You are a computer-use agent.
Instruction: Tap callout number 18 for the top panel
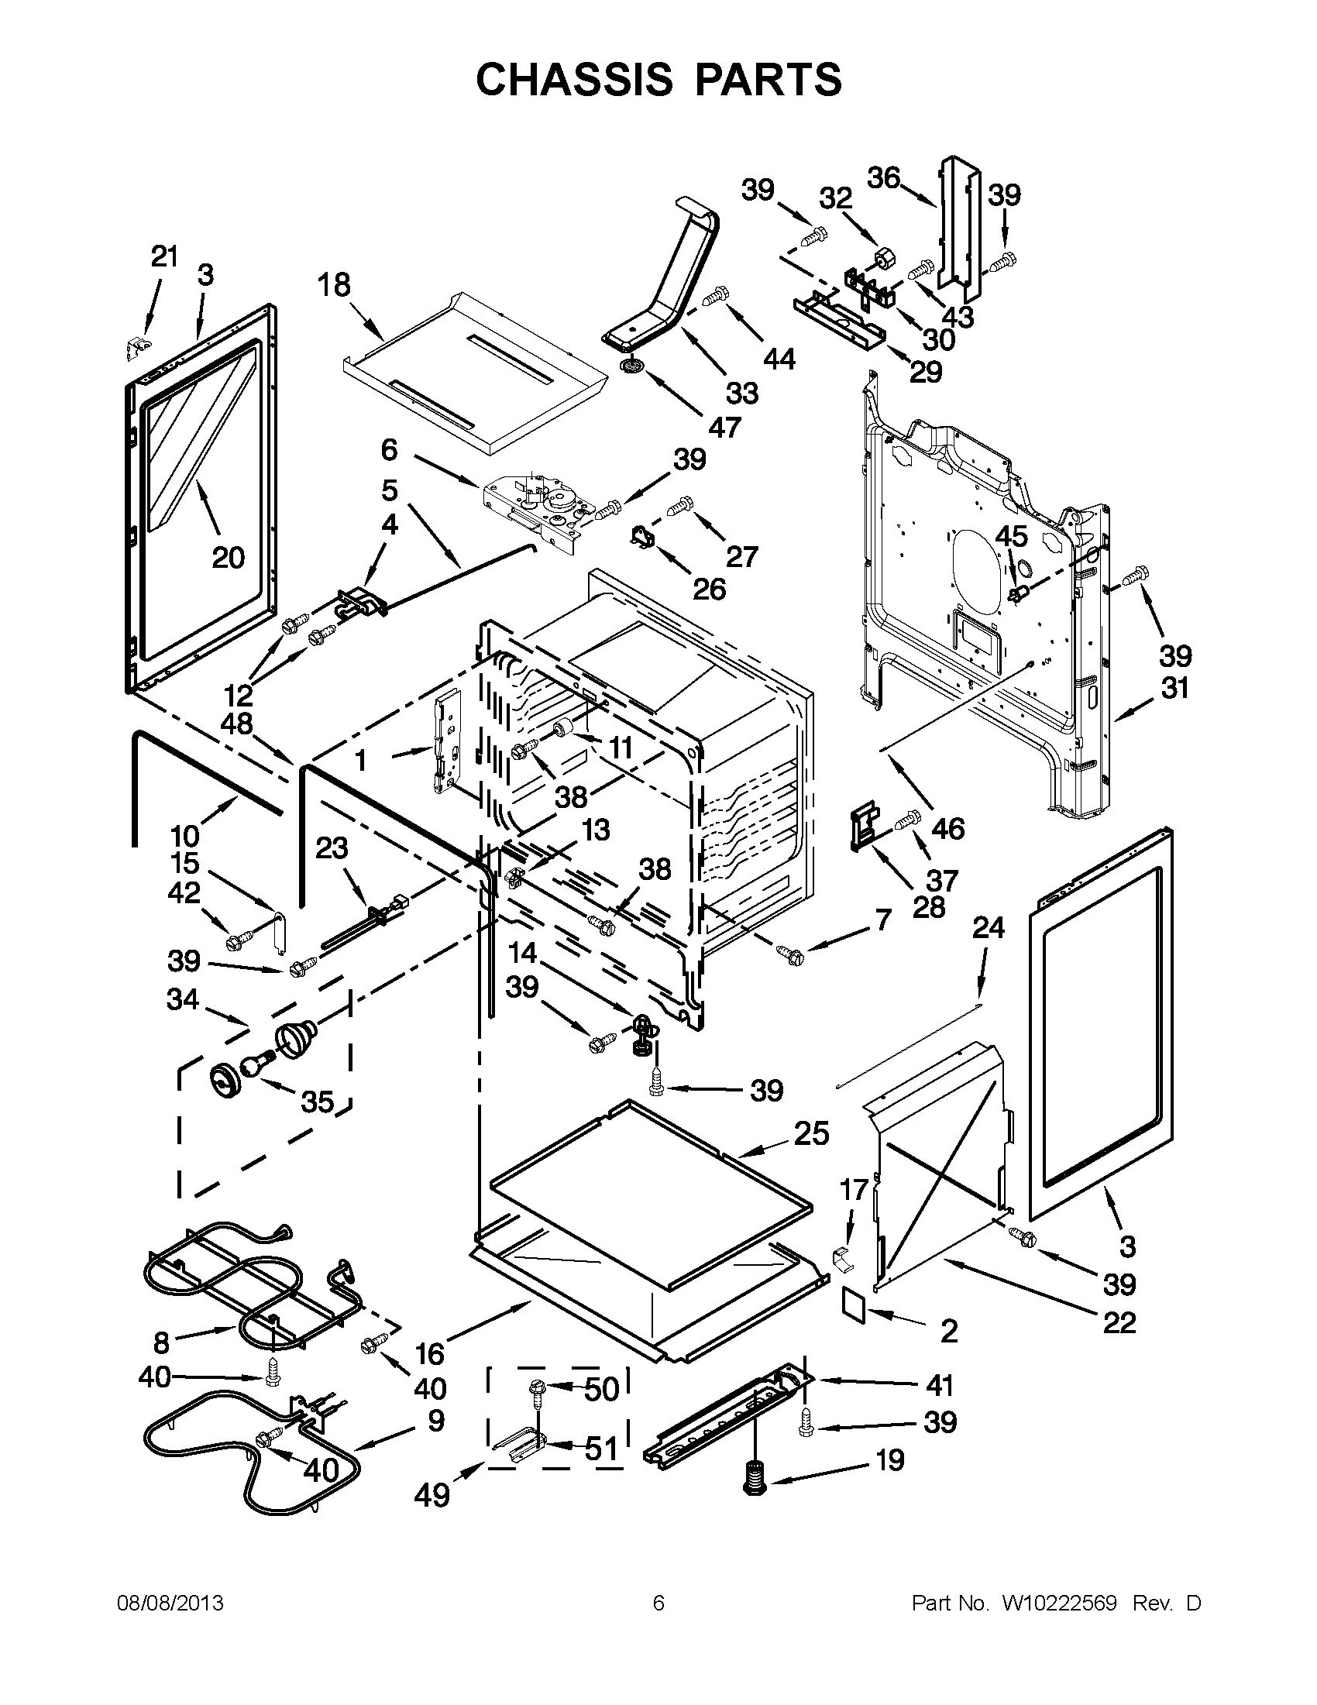[x=334, y=285]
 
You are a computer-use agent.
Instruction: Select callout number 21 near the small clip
[x=165, y=256]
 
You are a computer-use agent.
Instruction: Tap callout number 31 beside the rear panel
[x=1175, y=688]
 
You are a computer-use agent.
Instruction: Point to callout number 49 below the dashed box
[x=432, y=1494]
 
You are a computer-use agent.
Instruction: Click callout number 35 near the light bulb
[x=318, y=1102]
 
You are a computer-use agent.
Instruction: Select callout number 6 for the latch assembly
[x=389, y=449]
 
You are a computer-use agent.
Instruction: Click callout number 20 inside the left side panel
[x=228, y=558]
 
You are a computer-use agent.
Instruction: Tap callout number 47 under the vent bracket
[x=724, y=427]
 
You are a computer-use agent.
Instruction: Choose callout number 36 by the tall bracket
[x=884, y=178]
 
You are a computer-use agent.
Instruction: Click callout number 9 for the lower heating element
[x=435, y=1420]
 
